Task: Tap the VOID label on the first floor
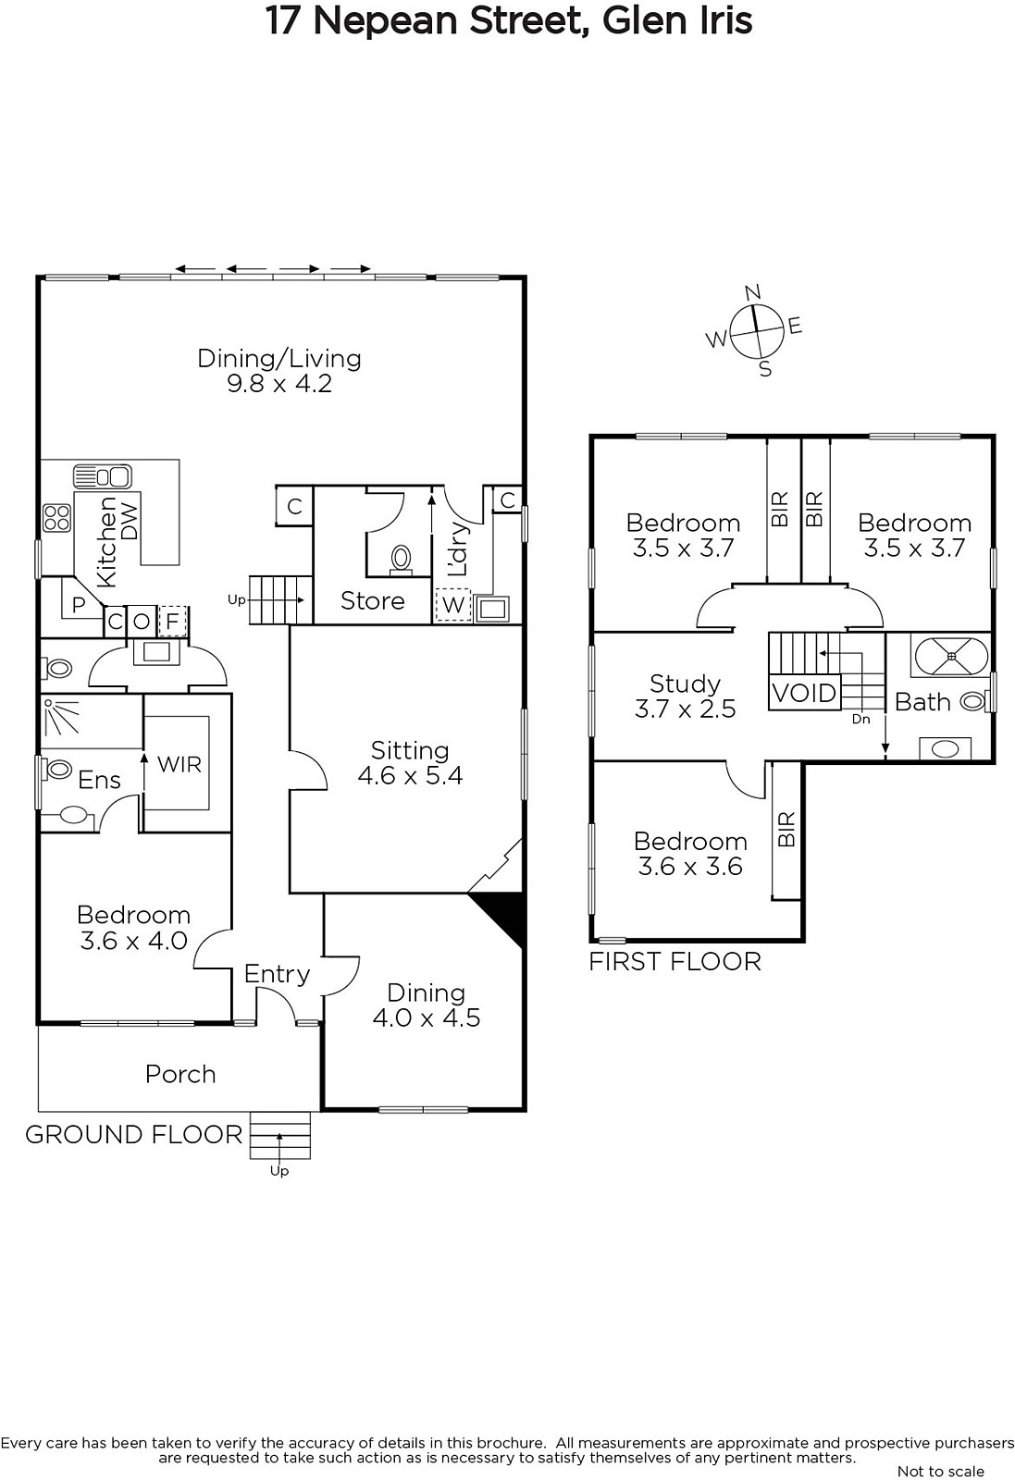point(804,693)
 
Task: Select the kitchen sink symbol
point(103,475)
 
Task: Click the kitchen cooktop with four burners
point(56,518)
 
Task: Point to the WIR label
point(179,764)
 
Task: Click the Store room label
point(372,600)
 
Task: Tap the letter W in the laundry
point(453,604)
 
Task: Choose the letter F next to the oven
point(172,621)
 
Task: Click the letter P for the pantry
point(79,605)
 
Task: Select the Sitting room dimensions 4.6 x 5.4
point(410,776)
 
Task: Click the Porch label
point(180,1074)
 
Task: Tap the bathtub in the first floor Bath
point(951,656)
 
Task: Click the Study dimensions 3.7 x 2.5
point(686,709)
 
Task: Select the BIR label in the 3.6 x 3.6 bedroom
point(786,829)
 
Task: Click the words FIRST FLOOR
point(675,962)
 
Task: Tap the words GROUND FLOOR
point(134,1134)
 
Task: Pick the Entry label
point(277,974)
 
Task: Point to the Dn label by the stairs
point(861,719)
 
